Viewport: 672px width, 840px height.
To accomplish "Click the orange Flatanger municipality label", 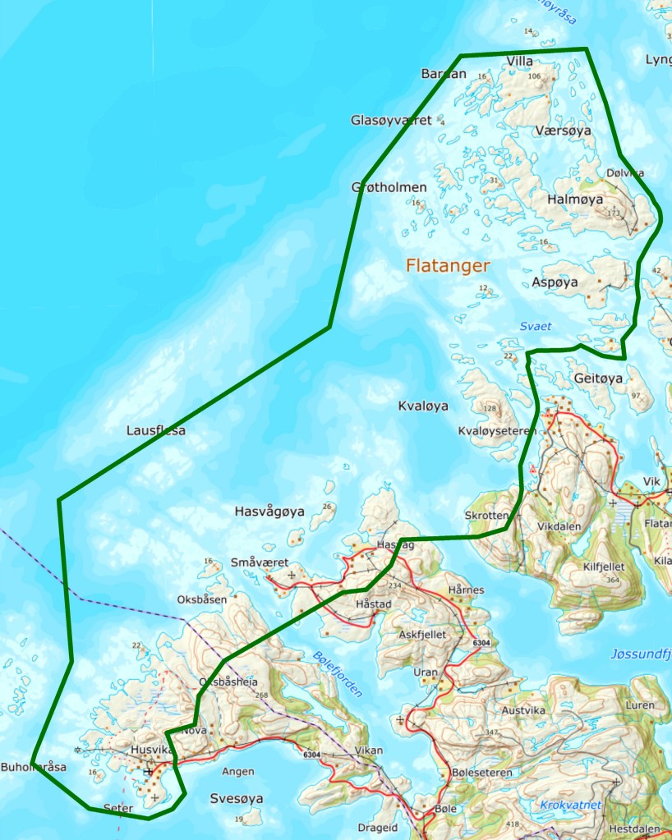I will click(448, 266).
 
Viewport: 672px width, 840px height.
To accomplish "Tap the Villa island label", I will click(520, 62).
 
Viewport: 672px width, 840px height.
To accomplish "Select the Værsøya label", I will click(562, 131).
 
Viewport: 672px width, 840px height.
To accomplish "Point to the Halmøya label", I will click(574, 200).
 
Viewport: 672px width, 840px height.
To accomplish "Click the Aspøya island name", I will click(555, 282).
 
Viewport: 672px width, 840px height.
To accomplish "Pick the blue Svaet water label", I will click(535, 327).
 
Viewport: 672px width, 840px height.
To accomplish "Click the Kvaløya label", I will click(423, 406).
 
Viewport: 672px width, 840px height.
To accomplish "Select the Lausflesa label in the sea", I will click(156, 430).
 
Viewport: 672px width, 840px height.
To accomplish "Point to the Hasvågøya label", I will click(269, 512).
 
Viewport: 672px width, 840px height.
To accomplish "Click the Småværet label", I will click(259, 562).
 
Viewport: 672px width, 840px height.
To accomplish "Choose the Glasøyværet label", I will click(391, 121).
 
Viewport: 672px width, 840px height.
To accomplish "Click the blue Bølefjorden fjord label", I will click(338, 673).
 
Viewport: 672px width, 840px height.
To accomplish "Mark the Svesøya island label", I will click(236, 798).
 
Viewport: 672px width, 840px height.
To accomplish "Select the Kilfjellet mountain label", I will click(604, 567).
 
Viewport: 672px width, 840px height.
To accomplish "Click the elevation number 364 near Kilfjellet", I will click(610, 581).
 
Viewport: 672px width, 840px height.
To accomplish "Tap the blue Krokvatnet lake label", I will click(571, 805).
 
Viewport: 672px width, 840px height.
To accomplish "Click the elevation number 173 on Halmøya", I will click(613, 213).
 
